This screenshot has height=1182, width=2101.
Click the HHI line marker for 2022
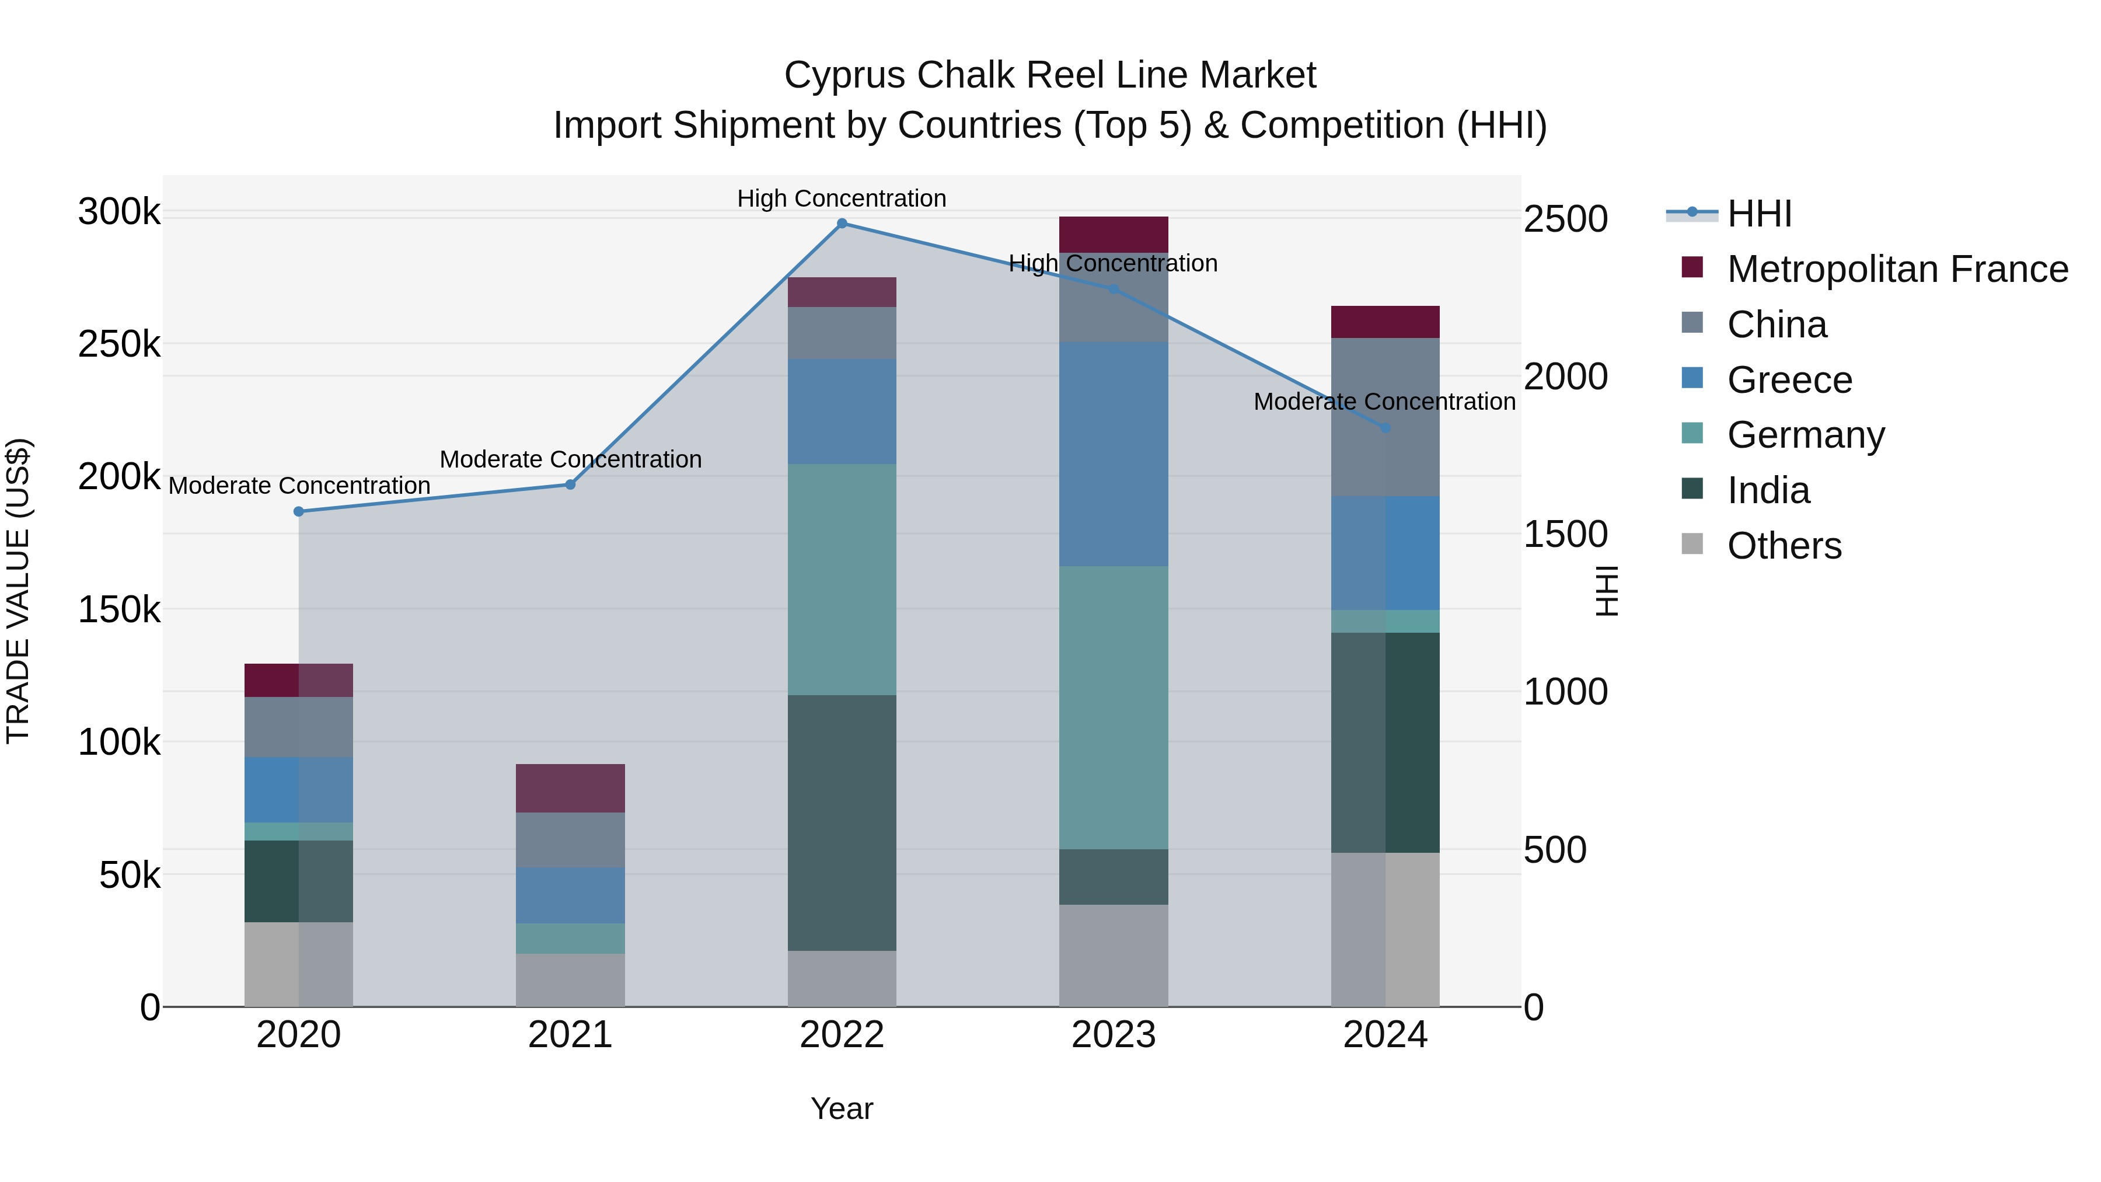pyautogui.click(x=842, y=224)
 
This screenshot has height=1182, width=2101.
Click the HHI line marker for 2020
pyautogui.click(x=298, y=511)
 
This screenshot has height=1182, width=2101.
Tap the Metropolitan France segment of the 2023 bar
pyautogui.click(x=1114, y=234)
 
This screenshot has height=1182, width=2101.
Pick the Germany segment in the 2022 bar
pyautogui.click(x=842, y=579)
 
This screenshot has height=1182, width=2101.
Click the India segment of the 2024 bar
pyautogui.click(x=1385, y=742)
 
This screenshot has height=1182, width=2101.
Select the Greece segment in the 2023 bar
pyautogui.click(x=1114, y=454)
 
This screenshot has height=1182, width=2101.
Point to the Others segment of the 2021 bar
pyautogui.click(x=570, y=979)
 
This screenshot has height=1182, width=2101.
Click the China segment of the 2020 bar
pyautogui.click(x=298, y=727)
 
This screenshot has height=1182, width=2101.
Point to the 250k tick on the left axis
pyautogui.click(x=119, y=345)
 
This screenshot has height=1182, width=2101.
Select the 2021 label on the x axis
pyautogui.click(x=570, y=1035)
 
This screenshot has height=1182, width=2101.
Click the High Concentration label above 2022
pyautogui.click(x=842, y=198)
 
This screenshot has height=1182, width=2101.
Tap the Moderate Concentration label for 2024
pyautogui.click(x=1384, y=402)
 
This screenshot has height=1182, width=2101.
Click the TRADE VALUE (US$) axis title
pyautogui.click(x=18, y=591)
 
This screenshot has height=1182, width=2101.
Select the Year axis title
pyautogui.click(x=842, y=1108)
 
